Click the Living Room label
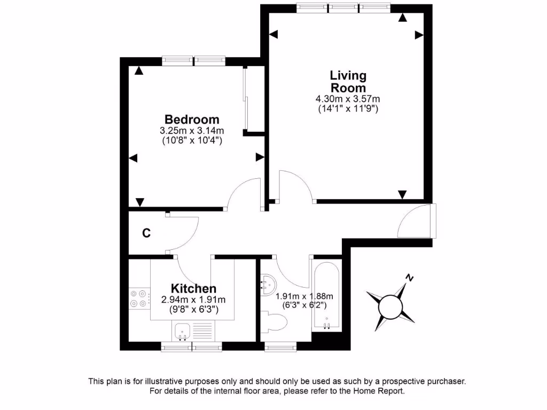coord(348,82)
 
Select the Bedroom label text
coord(192,119)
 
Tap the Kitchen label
coord(193,289)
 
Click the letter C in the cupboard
coord(146,233)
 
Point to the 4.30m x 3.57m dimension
coord(348,99)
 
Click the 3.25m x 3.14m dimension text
coord(192,131)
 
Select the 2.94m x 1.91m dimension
coord(193,299)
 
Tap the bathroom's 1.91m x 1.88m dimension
coord(304,296)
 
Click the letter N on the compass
coord(409,278)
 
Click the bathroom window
coord(281,348)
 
